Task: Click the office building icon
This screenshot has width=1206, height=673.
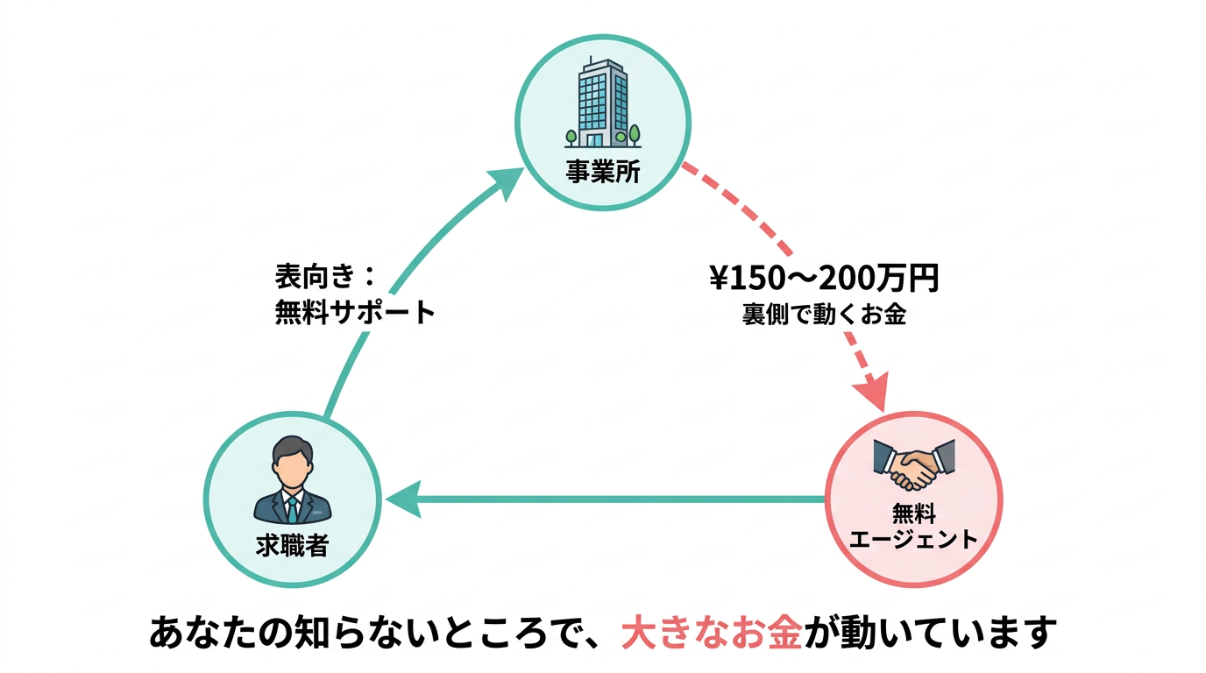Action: click(x=603, y=103)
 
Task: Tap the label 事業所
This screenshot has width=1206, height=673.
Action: click(x=603, y=172)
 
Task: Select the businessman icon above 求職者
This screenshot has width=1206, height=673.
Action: click(x=292, y=480)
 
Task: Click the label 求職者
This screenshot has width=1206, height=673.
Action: click(x=292, y=546)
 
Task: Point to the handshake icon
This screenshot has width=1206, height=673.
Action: click(x=914, y=464)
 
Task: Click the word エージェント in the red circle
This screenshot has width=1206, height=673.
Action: click(x=914, y=537)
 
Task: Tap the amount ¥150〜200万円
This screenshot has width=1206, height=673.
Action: click(x=824, y=280)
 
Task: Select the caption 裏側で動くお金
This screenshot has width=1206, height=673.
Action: click(x=824, y=315)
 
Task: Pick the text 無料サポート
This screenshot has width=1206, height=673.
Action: click(x=355, y=313)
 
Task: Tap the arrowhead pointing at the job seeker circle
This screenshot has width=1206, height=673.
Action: click(x=401, y=501)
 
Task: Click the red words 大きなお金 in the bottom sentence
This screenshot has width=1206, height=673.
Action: click(x=711, y=632)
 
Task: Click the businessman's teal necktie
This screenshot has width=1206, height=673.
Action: click(x=292, y=507)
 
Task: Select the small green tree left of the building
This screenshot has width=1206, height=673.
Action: click(x=571, y=136)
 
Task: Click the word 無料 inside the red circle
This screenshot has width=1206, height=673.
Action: click(x=914, y=513)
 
